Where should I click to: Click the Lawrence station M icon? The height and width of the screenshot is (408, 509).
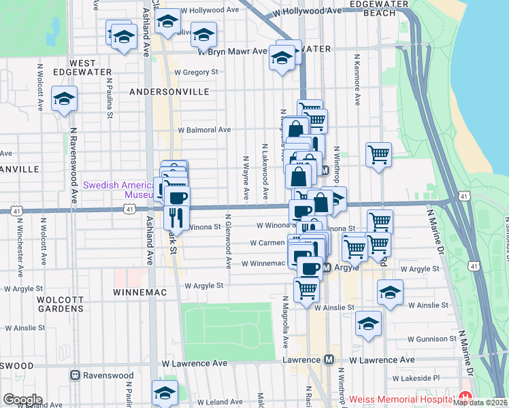(x=329, y=360)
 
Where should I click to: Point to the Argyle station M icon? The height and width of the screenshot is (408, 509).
(x=327, y=269)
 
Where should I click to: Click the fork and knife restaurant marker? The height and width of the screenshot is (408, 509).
(x=176, y=218)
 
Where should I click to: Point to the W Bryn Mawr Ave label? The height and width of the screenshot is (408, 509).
(x=232, y=51)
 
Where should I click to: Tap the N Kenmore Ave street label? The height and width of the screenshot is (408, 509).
(x=356, y=84)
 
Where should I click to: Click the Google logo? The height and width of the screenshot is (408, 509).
(x=22, y=400)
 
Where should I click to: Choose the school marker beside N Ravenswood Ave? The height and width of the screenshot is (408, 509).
(x=64, y=99)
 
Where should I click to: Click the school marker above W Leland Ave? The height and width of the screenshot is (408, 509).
(x=165, y=392)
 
